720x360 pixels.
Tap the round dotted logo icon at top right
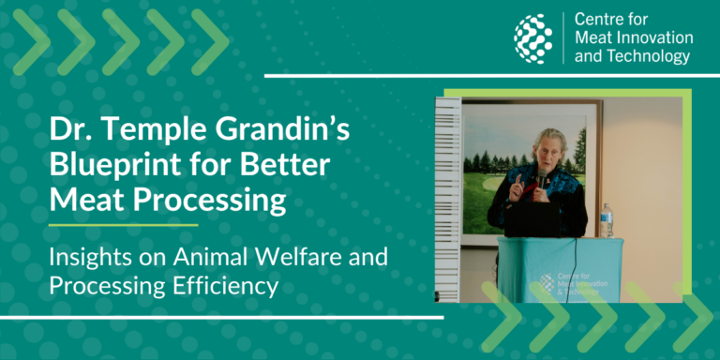(x=532, y=39)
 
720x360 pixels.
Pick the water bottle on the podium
(x=607, y=220)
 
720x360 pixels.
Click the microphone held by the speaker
(x=541, y=178)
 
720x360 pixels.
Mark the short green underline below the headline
(x=123, y=225)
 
